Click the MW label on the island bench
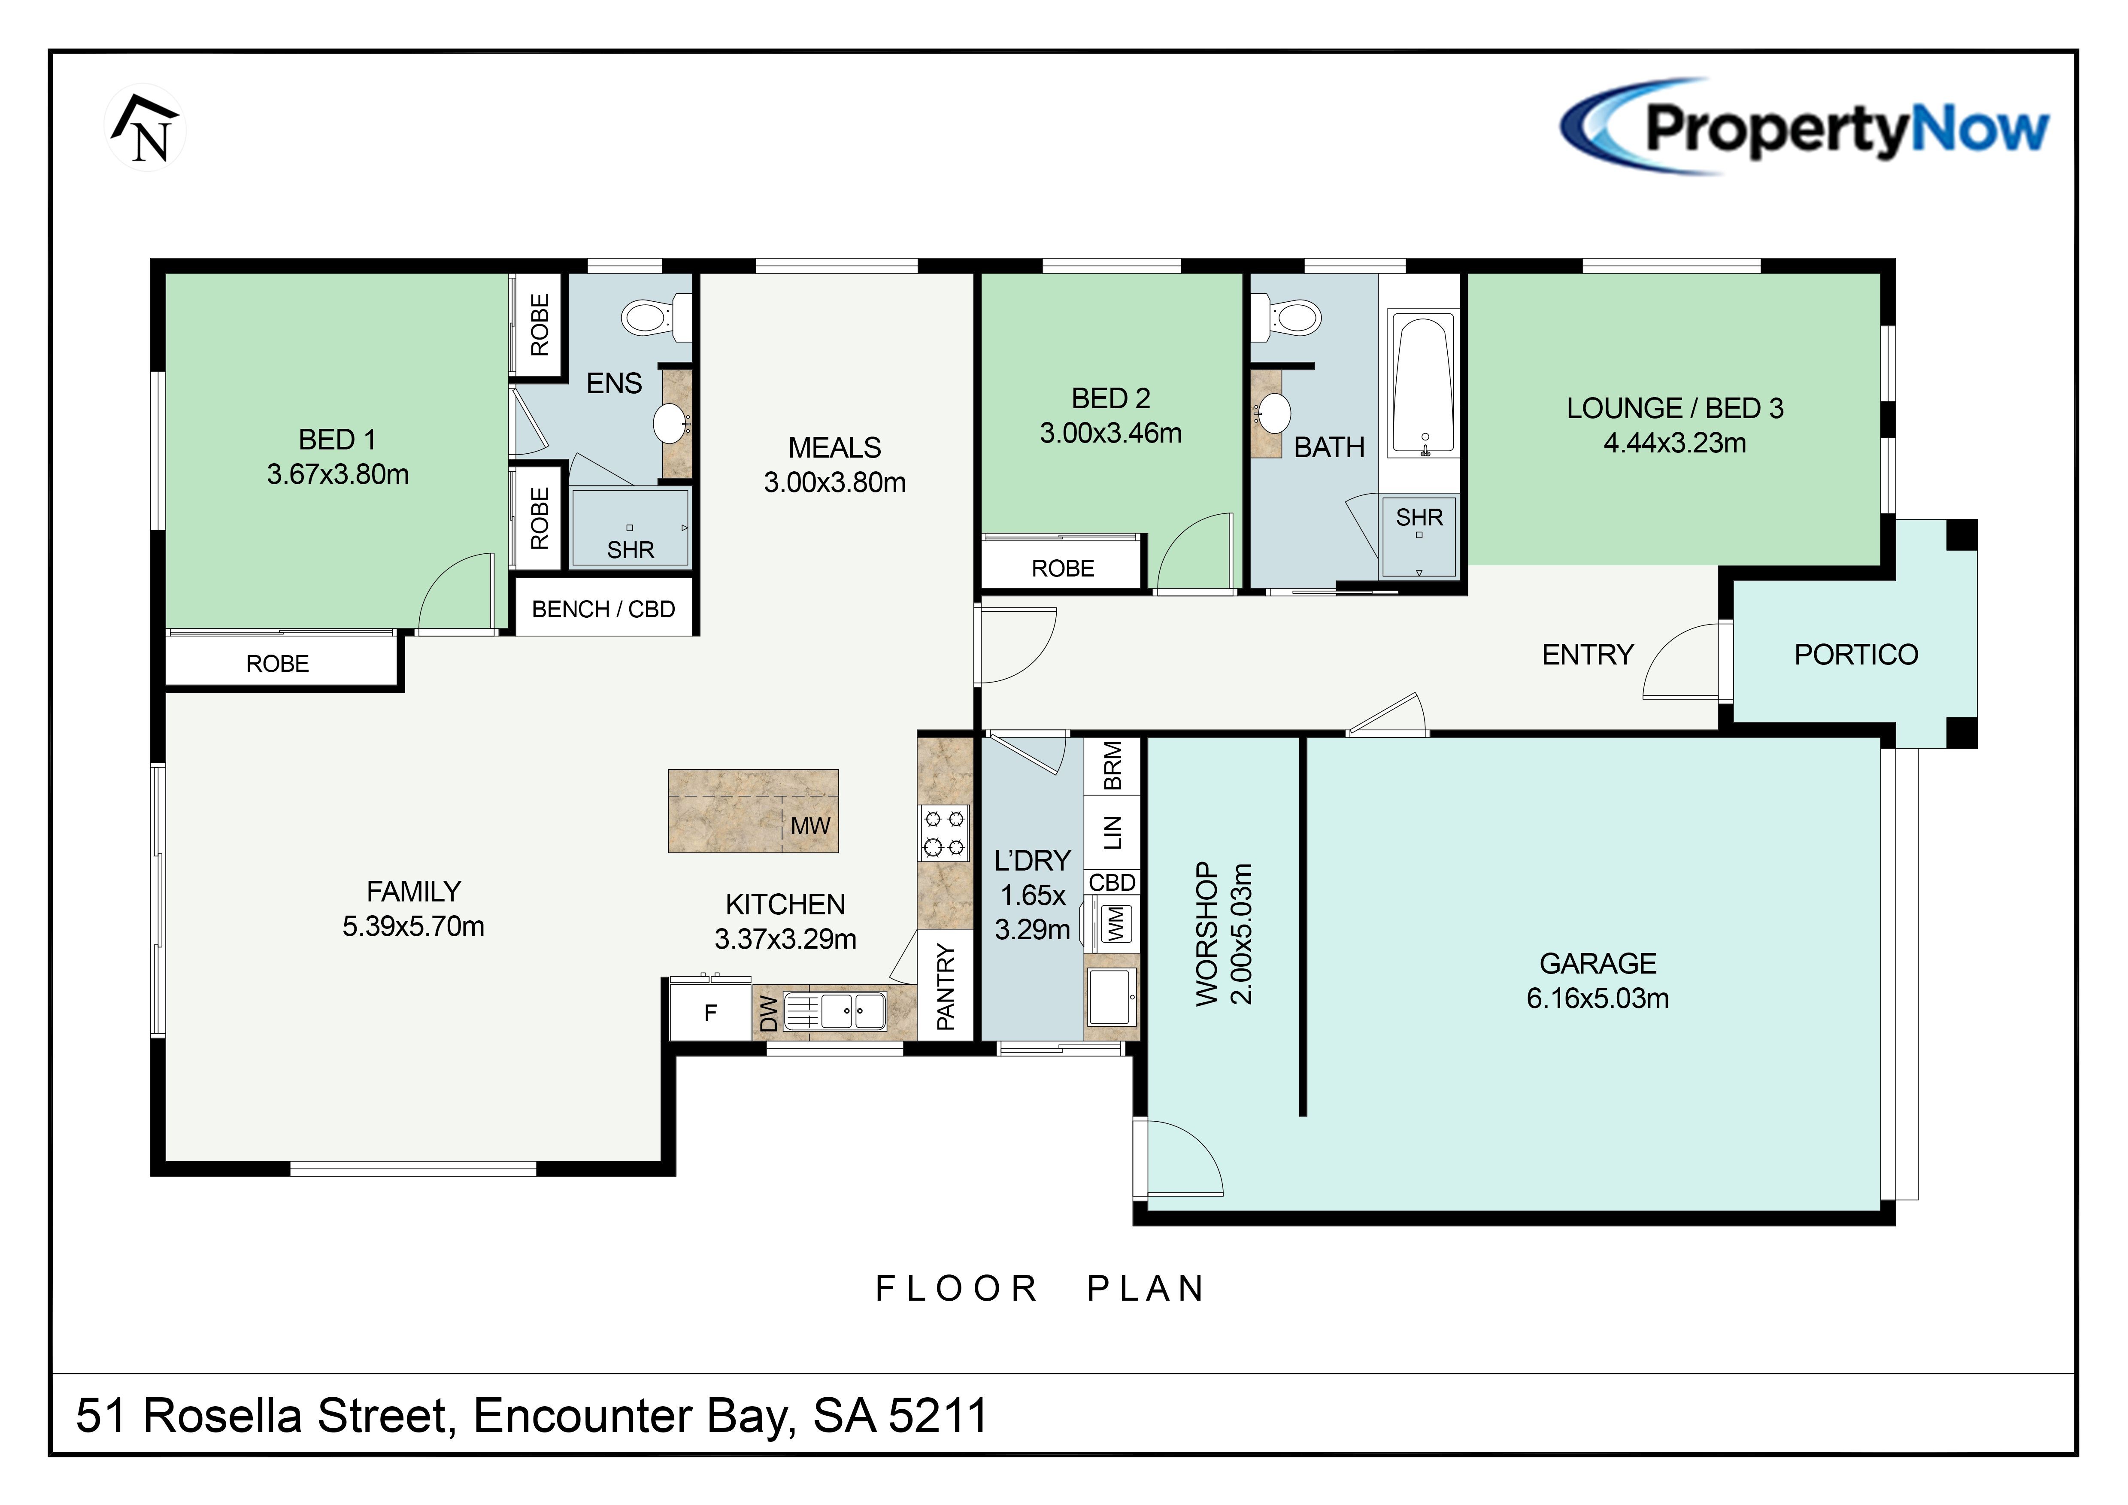click(x=810, y=826)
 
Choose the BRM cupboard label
click(x=1112, y=765)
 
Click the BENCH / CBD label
click(x=603, y=609)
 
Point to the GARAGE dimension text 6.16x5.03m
click(x=1598, y=998)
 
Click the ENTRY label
click(x=1588, y=654)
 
